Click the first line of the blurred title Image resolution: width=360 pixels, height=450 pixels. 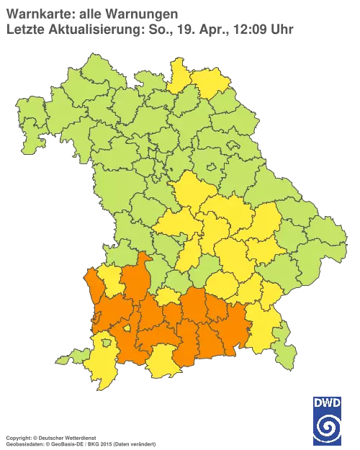pos(94,12)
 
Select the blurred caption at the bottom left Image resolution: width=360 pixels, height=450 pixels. pos(79,438)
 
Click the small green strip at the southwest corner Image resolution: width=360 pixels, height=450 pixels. pos(69,357)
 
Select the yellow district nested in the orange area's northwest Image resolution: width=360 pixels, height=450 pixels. pos(111,281)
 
